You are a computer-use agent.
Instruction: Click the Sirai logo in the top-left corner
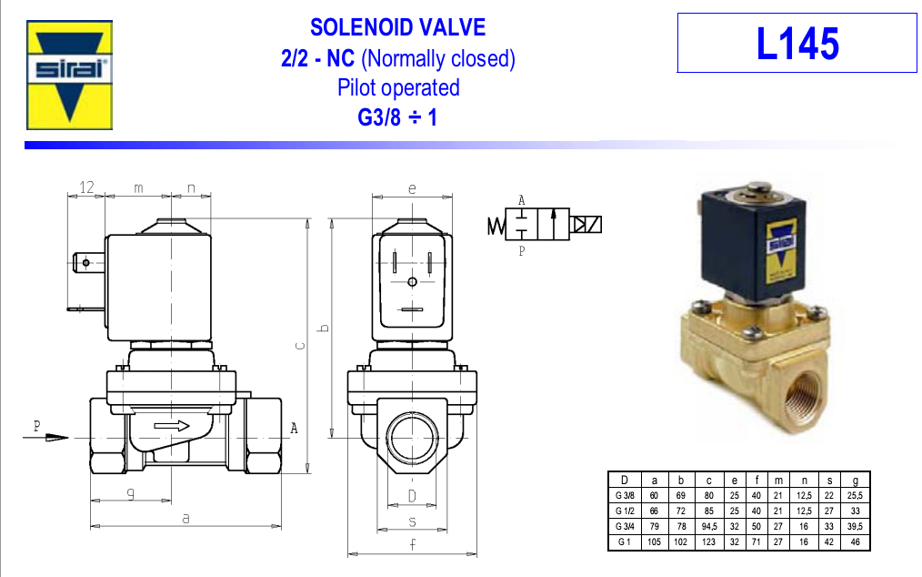pos(69,75)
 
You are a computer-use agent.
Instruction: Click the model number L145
pos(797,44)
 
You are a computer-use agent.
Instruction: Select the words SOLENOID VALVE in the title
pos(397,27)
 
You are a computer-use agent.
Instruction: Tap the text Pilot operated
pos(398,87)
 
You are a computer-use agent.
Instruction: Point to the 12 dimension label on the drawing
pos(86,187)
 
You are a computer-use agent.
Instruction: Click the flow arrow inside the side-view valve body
pos(172,426)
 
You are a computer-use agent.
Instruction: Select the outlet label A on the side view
pos(294,428)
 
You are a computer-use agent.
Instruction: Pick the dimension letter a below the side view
pos(185,519)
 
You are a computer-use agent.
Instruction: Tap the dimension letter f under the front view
pos(412,544)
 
